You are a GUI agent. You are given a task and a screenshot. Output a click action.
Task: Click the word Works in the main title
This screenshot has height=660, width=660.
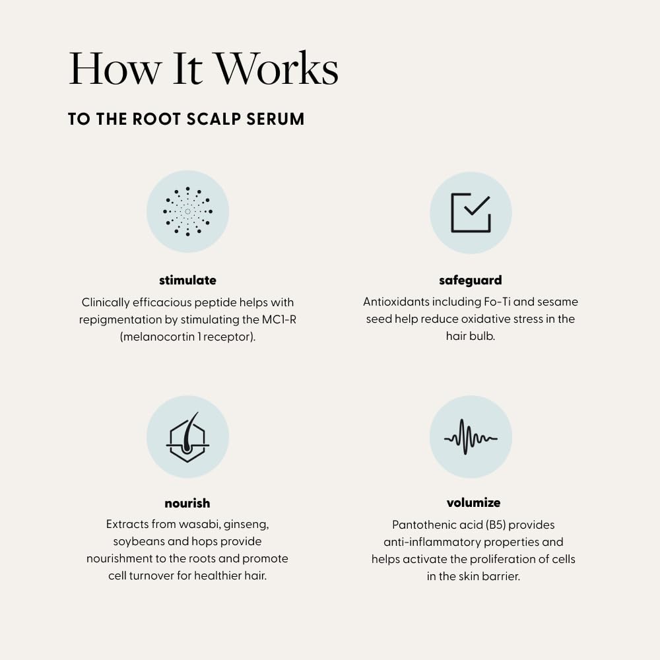tap(275, 68)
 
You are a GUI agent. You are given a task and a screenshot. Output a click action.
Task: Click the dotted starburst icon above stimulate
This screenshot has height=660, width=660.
tap(187, 211)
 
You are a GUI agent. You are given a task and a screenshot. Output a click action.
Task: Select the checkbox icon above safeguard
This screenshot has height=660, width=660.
tap(471, 213)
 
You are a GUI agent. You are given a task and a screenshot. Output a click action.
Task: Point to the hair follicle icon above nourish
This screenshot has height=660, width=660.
tap(187, 437)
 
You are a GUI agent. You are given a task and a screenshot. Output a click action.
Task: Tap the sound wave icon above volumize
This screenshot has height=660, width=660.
tap(471, 437)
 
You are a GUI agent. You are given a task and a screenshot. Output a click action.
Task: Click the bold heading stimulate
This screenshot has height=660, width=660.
tap(187, 280)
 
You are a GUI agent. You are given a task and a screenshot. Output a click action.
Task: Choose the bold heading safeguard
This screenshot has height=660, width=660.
tap(470, 280)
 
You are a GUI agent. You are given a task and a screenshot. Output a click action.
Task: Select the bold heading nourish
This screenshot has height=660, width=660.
tap(187, 504)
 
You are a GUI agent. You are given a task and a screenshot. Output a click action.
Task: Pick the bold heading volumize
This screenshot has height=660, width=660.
tap(473, 503)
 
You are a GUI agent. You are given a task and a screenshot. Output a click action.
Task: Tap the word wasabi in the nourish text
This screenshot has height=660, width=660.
tap(199, 525)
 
